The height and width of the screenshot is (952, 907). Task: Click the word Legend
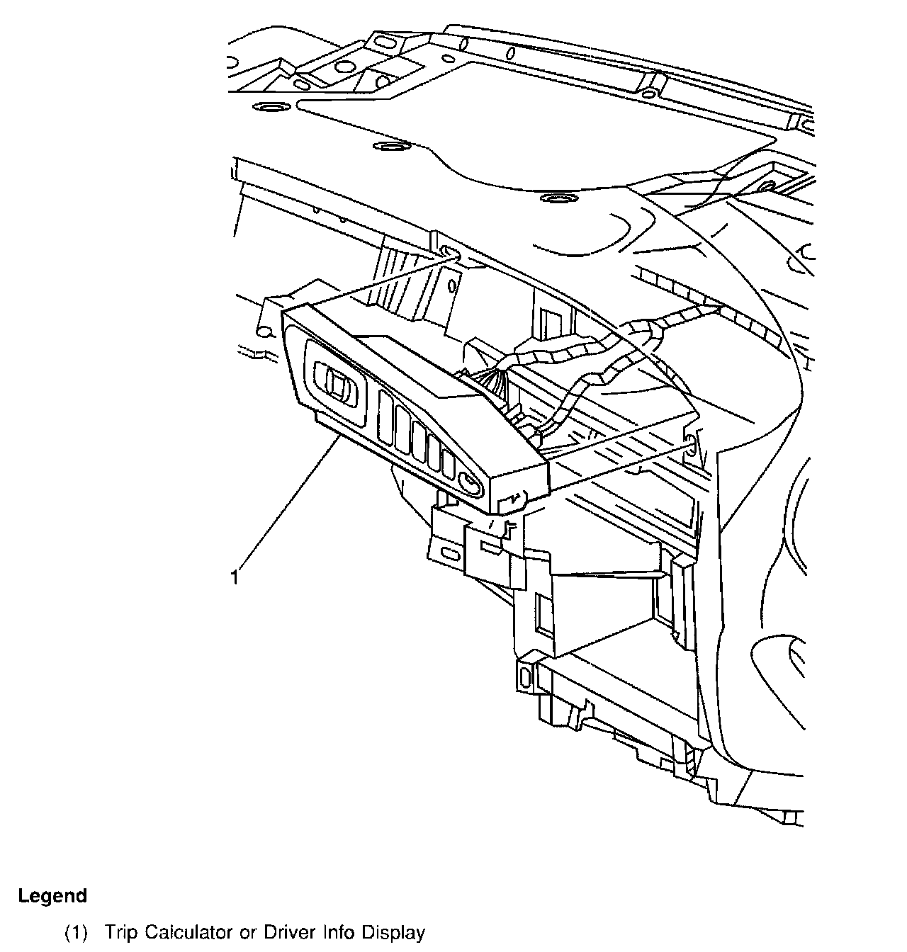coord(52,896)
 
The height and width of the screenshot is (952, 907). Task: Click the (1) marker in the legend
coord(76,933)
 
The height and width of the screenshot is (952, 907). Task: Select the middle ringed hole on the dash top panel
coord(388,147)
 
